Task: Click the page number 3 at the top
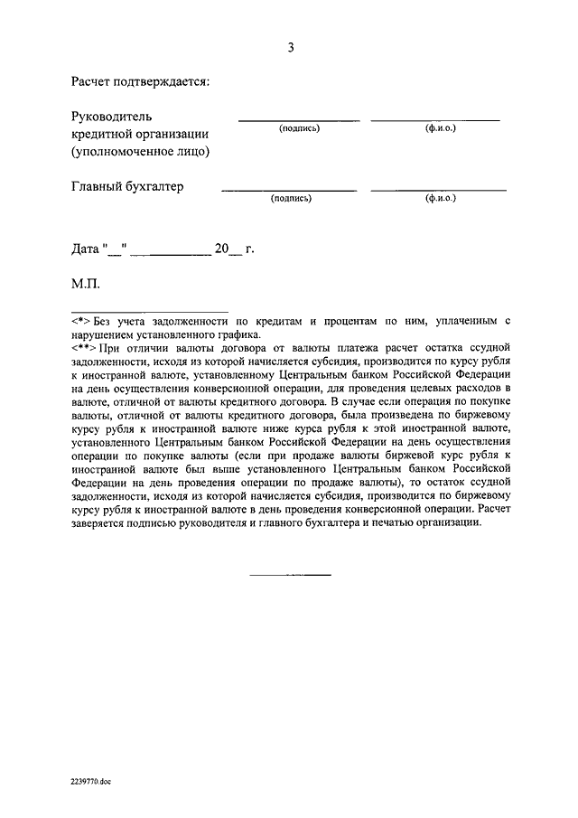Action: (290, 48)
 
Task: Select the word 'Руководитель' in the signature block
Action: (112, 117)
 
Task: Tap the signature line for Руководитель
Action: (298, 120)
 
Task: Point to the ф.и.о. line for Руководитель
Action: (435, 120)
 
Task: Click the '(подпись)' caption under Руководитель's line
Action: (300, 129)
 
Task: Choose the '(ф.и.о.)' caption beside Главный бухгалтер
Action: (440, 198)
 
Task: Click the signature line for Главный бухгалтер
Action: (289, 190)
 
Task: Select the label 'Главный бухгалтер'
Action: (126, 186)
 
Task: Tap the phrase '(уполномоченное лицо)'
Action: (140, 151)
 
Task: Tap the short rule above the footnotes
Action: (150, 310)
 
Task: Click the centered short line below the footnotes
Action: (290, 575)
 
